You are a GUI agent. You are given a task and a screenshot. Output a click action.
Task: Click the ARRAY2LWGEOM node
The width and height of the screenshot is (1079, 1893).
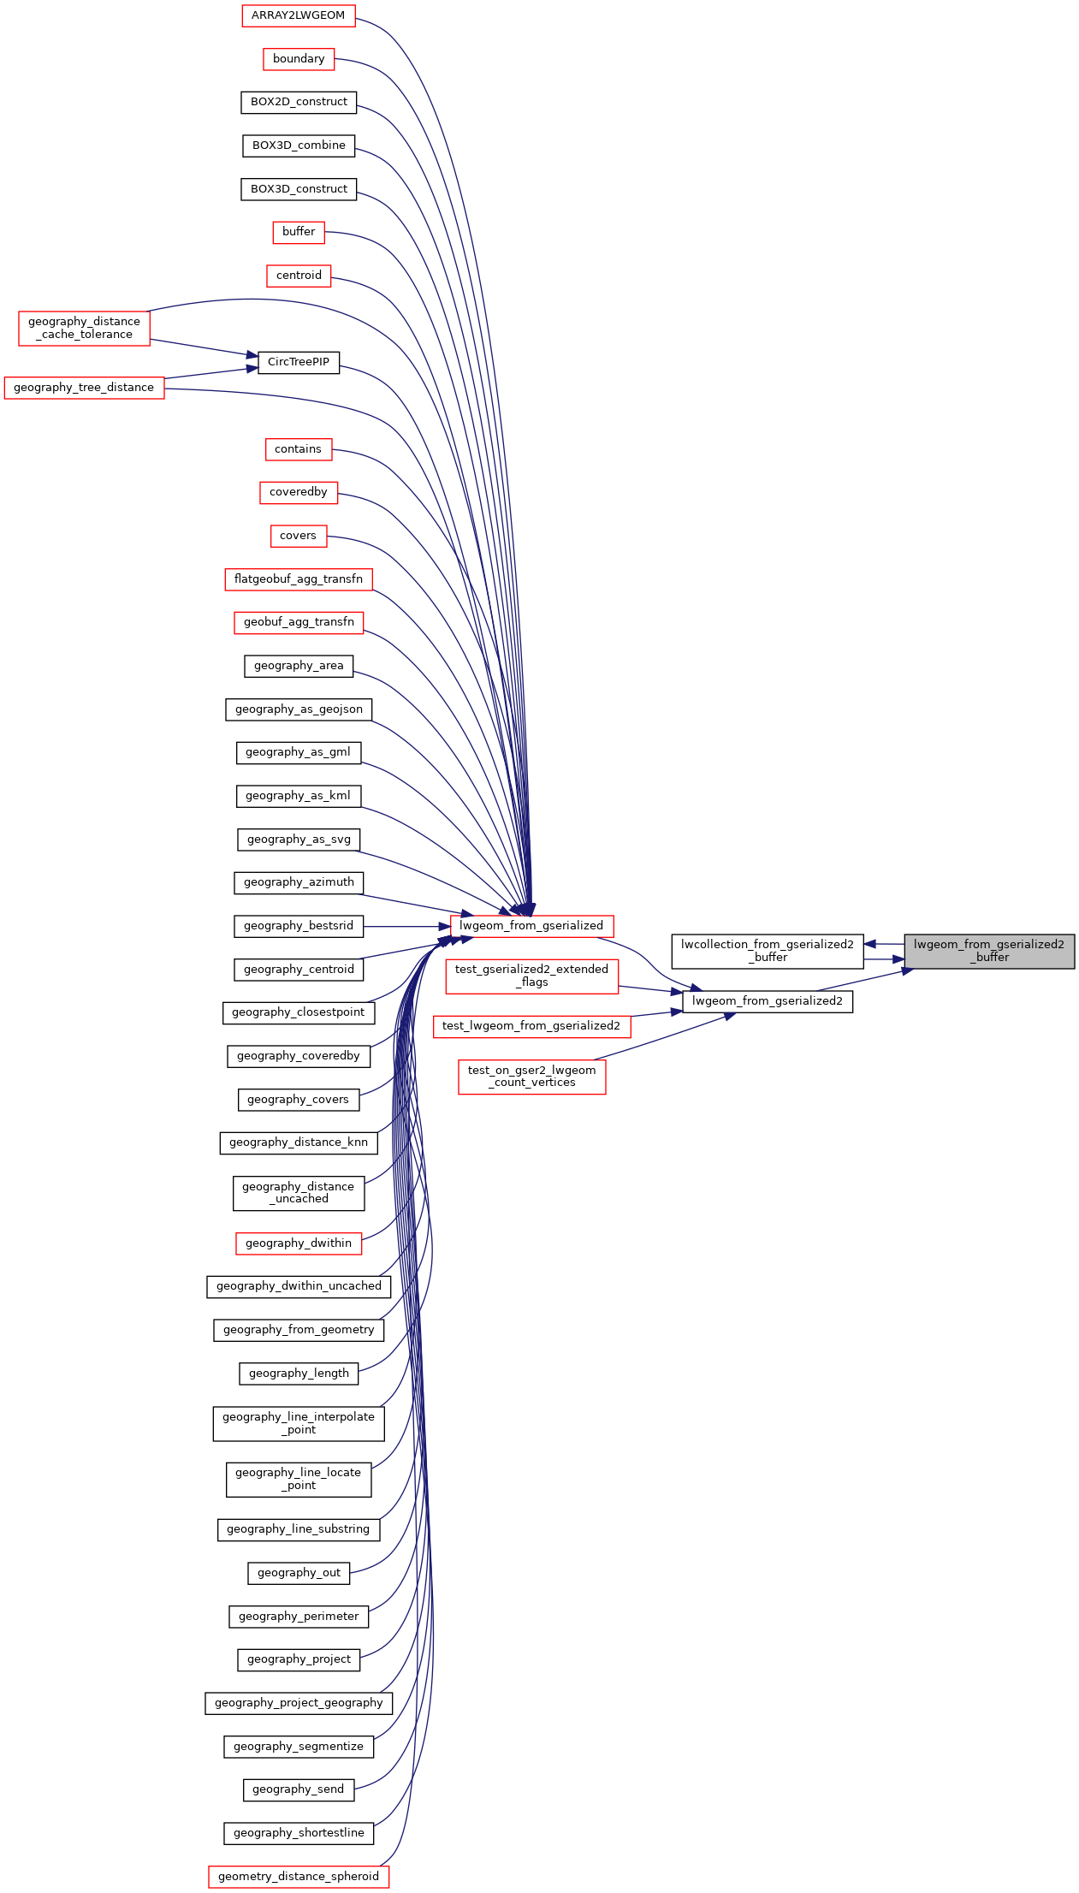tap(298, 15)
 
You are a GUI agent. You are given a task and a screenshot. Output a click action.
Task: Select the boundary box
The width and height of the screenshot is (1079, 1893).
tap(299, 59)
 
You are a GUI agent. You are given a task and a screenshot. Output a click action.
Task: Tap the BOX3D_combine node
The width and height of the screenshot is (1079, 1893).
tap(299, 145)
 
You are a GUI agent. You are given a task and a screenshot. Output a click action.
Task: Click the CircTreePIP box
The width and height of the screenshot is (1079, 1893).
tap(299, 362)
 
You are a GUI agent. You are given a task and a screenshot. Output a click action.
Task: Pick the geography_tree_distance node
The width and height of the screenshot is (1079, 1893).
tap(84, 388)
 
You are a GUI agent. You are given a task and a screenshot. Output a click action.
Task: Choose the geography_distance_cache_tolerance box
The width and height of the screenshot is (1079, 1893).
tap(84, 329)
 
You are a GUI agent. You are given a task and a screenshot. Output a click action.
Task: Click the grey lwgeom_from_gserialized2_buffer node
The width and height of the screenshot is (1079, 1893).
tap(989, 951)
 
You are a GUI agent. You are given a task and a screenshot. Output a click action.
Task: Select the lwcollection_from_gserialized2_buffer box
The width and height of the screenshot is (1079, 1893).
tap(768, 951)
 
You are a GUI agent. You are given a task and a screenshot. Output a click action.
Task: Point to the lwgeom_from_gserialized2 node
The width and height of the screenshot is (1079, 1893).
tap(768, 1001)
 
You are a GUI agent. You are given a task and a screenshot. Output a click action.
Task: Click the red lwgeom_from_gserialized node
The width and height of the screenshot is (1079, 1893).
tap(531, 926)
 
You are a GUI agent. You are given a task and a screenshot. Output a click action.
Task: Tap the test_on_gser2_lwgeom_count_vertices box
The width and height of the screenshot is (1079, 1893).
tap(532, 1077)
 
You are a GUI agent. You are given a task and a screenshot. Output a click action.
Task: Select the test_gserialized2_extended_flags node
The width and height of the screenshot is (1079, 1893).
tap(532, 976)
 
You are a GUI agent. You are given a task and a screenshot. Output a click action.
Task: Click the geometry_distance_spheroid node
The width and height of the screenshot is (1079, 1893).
tap(299, 1877)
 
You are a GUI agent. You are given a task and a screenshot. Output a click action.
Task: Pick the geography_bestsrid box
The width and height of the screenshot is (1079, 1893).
tap(299, 926)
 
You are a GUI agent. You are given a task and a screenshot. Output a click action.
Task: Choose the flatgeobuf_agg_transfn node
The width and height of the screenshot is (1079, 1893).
tap(299, 579)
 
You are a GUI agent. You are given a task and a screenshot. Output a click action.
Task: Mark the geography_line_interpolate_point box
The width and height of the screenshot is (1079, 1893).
tap(299, 1424)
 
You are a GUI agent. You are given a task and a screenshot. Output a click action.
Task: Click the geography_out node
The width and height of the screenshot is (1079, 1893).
tap(299, 1573)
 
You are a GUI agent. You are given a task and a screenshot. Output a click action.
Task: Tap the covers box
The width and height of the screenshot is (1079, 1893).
tap(298, 536)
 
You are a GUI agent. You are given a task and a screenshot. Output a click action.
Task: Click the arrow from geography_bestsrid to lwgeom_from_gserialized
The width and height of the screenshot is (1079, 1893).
tap(406, 926)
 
